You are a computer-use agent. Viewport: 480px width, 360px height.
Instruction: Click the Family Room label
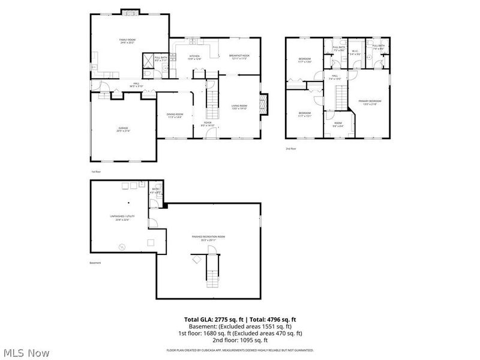tap(127, 41)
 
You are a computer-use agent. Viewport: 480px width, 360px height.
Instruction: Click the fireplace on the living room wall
tap(263, 104)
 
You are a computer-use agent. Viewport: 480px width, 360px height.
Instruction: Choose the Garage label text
tap(124, 130)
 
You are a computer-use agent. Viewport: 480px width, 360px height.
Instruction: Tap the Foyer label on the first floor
tap(208, 124)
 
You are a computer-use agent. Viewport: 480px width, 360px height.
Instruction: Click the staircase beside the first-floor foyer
tap(212, 102)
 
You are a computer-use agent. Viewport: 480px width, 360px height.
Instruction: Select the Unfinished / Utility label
tap(119, 218)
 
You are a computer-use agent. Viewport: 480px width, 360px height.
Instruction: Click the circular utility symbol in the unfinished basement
tap(122, 246)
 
